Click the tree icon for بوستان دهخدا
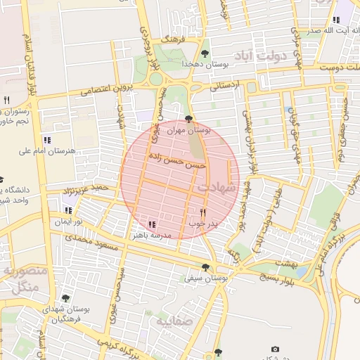coord(205,53)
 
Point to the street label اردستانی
coord(225,85)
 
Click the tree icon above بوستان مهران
coord(188,119)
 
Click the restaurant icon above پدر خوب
coord(202,212)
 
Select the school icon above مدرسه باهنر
coord(152,224)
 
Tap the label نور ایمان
coord(70,221)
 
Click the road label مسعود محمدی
coord(89,242)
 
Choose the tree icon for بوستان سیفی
coord(205,267)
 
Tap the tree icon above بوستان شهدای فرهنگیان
coord(66,298)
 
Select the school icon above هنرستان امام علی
coord(47,139)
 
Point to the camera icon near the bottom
coord(274,349)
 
